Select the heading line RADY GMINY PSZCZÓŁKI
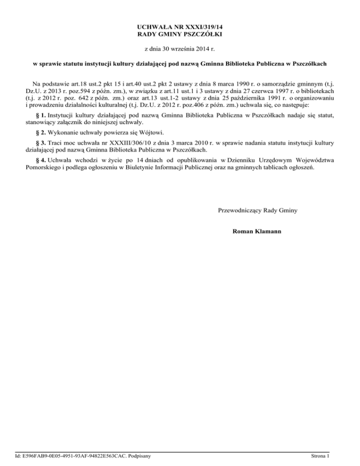pyautogui.click(x=180, y=34)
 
